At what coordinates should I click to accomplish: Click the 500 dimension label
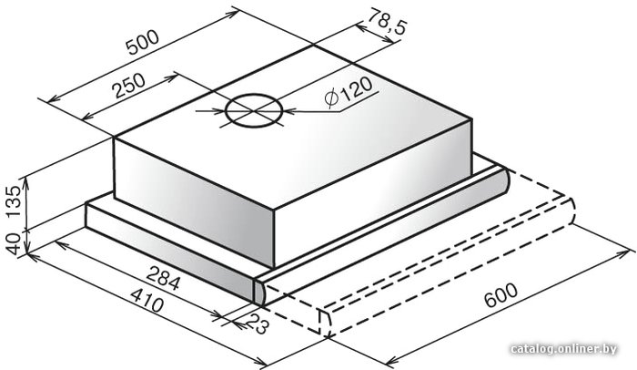[x=143, y=42]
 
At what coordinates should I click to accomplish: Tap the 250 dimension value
[x=129, y=86]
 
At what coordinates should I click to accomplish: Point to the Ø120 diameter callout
[x=349, y=93]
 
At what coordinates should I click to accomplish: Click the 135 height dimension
[x=15, y=201]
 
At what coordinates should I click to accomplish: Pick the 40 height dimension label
[x=15, y=244]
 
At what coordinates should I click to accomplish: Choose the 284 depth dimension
[x=163, y=278]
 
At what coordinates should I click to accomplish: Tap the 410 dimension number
[x=147, y=300]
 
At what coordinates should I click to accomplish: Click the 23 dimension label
[x=258, y=324]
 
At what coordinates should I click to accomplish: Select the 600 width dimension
[x=500, y=294]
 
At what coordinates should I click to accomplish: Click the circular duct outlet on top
[x=254, y=110]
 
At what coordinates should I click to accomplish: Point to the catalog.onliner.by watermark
[x=564, y=349]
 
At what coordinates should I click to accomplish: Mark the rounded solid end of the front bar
[x=260, y=293]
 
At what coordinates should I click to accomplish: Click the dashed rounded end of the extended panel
[x=570, y=211]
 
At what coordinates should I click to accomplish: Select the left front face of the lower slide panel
[x=171, y=252]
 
